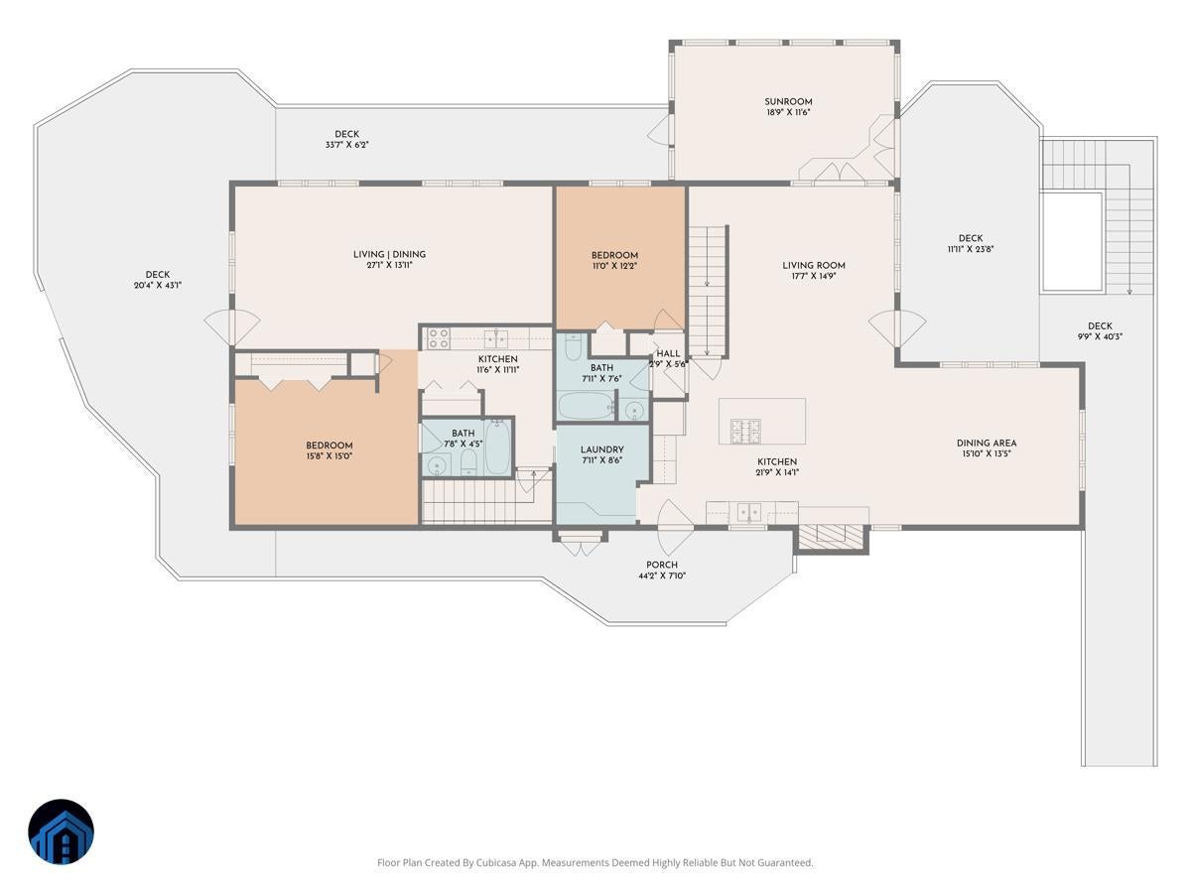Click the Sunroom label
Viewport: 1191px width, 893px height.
(788, 101)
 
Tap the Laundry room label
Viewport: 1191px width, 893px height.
(601, 449)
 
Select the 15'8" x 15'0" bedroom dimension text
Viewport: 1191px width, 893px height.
(330, 456)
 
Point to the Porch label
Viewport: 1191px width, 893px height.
(662, 565)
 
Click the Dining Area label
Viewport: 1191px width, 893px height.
(987, 444)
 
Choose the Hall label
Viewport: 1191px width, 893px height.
(668, 353)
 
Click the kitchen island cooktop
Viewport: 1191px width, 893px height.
(745, 430)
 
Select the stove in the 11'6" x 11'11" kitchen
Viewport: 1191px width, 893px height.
(439, 338)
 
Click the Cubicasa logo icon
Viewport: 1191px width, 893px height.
(61, 831)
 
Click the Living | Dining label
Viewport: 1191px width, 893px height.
(389, 254)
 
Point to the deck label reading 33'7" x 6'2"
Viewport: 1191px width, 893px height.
(346, 145)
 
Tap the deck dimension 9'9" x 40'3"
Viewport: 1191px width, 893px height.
(1100, 336)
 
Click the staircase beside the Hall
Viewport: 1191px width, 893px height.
(710, 290)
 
